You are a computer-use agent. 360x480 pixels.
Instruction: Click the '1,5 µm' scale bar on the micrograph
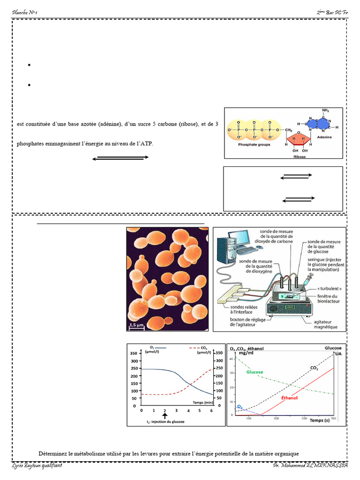[136, 325]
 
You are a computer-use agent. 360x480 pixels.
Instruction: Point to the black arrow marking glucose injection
[165, 415]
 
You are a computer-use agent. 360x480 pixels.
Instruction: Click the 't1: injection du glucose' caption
[165, 422]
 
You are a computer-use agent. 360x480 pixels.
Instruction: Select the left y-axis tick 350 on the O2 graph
[133, 353]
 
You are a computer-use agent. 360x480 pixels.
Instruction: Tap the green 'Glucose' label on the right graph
[255, 372]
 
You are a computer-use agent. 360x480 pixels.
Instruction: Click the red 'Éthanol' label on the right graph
[289, 397]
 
